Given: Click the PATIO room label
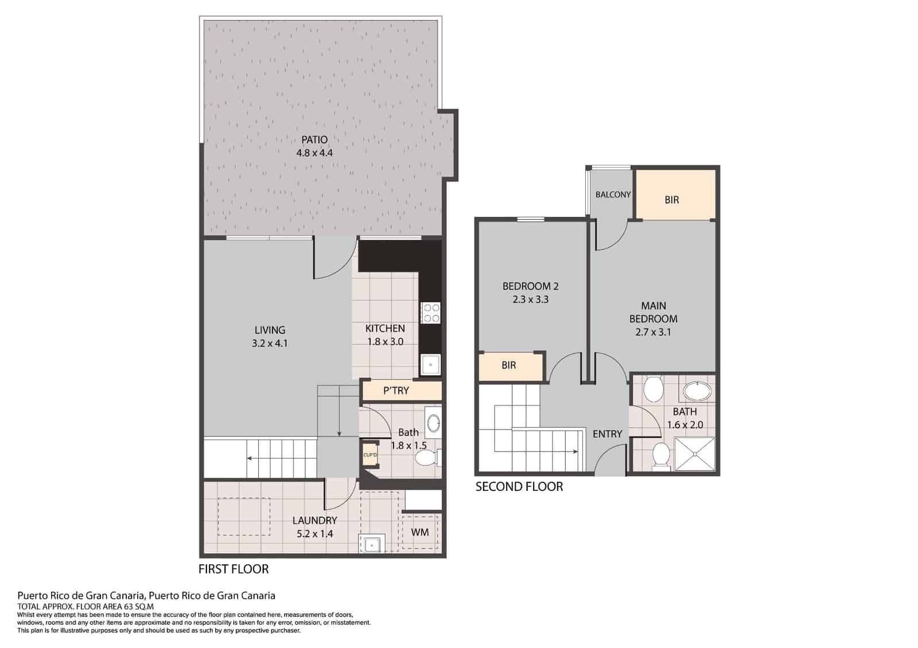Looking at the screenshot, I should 314,139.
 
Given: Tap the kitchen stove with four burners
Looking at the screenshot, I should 430,313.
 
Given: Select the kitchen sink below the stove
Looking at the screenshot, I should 430,364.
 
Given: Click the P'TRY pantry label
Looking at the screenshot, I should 396,391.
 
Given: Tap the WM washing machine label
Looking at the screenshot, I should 420,532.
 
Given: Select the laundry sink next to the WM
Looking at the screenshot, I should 371,543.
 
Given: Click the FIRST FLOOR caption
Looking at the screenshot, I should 234,569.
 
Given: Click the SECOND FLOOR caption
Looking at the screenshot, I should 519,487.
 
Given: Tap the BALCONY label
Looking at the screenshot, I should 613,194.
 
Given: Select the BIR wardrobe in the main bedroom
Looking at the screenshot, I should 672,200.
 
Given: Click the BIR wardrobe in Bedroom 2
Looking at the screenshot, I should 509,365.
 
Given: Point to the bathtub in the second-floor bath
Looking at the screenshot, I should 697,392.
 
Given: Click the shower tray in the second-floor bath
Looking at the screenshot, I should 695,455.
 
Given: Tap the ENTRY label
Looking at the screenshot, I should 607,434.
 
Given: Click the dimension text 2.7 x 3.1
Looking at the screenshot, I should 653,332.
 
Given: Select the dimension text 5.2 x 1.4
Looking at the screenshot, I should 314,534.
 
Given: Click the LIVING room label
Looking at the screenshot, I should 270,330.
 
